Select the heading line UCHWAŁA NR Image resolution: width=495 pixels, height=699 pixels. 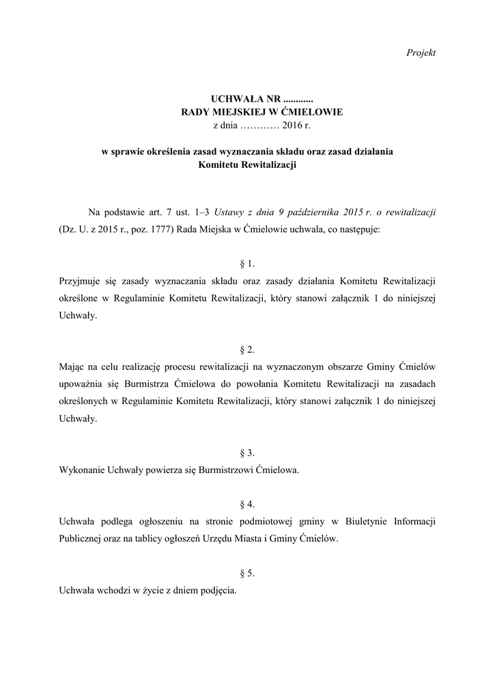(x=247, y=100)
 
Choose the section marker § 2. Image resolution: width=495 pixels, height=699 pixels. (x=248, y=349)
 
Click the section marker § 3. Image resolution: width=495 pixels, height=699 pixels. (x=248, y=453)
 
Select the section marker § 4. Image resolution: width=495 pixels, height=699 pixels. (x=248, y=504)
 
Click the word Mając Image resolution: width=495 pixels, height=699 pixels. (x=72, y=367)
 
